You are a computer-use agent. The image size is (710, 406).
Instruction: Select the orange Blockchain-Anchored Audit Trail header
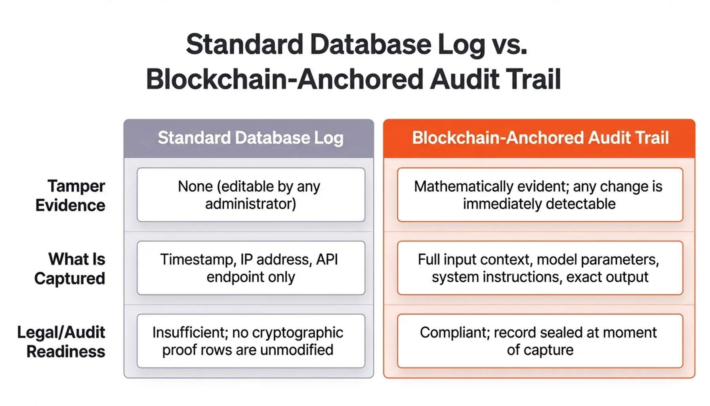(540, 138)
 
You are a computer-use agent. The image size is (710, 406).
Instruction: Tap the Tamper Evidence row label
(71, 195)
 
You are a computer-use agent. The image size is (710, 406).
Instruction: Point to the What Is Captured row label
(70, 268)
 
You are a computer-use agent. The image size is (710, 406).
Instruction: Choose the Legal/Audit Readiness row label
(61, 341)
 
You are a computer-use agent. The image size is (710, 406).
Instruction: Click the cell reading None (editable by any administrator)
(250, 195)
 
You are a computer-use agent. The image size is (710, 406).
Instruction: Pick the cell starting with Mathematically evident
(540, 195)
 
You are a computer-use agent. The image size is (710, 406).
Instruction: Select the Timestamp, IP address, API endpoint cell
(250, 268)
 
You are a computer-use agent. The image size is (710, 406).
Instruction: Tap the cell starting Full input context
(540, 268)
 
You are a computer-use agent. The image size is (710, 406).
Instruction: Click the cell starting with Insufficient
(250, 341)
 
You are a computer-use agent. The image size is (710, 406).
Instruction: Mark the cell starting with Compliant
(540, 341)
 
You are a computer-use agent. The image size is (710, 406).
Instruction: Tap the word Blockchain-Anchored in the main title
(285, 79)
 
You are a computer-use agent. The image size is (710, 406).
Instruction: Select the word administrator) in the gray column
(250, 204)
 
